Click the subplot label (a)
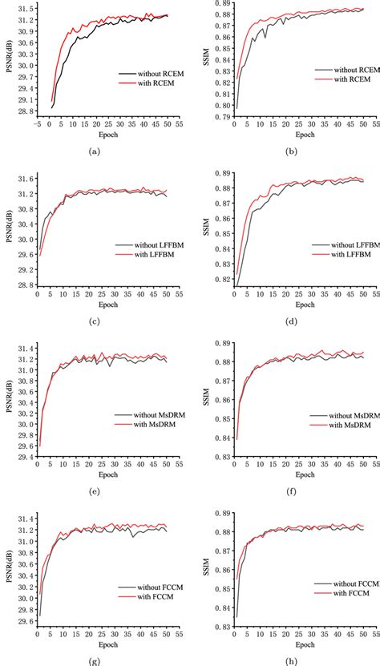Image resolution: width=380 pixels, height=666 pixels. click(95, 151)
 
